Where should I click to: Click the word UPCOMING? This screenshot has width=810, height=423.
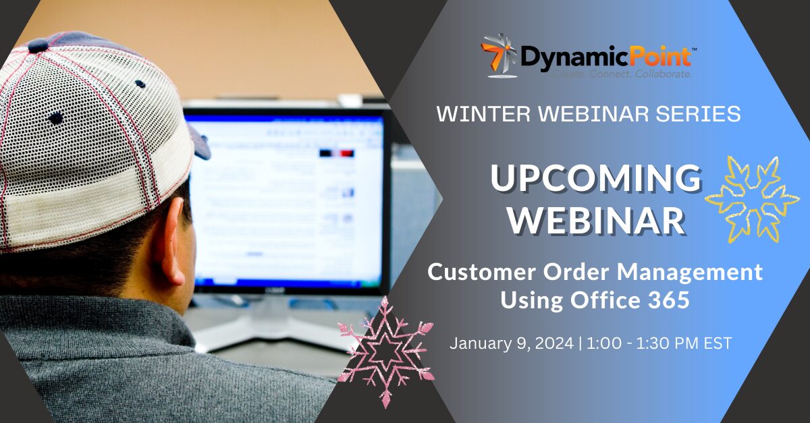pyautogui.click(x=595, y=178)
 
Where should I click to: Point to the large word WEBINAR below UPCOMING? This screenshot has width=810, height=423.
pyautogui.click(x=597, y=220)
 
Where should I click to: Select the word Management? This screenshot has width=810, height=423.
pyautogui.click(x=690, y=273)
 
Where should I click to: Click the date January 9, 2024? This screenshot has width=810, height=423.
pyautogui.click(x=512, y=343)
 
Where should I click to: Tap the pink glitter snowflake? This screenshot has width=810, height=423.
pyautogui.click(x=386, y=351)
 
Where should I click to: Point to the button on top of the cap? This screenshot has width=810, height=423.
pyautogui.click(x=38, y=46)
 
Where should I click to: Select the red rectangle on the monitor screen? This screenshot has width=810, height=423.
pyautogui.click(x=347, y=153)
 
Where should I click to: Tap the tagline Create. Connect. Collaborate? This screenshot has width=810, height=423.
pyautogui.click(x=622, y=74)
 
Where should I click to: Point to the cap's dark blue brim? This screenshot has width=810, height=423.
pyautogui.click(x=200, y=142)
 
